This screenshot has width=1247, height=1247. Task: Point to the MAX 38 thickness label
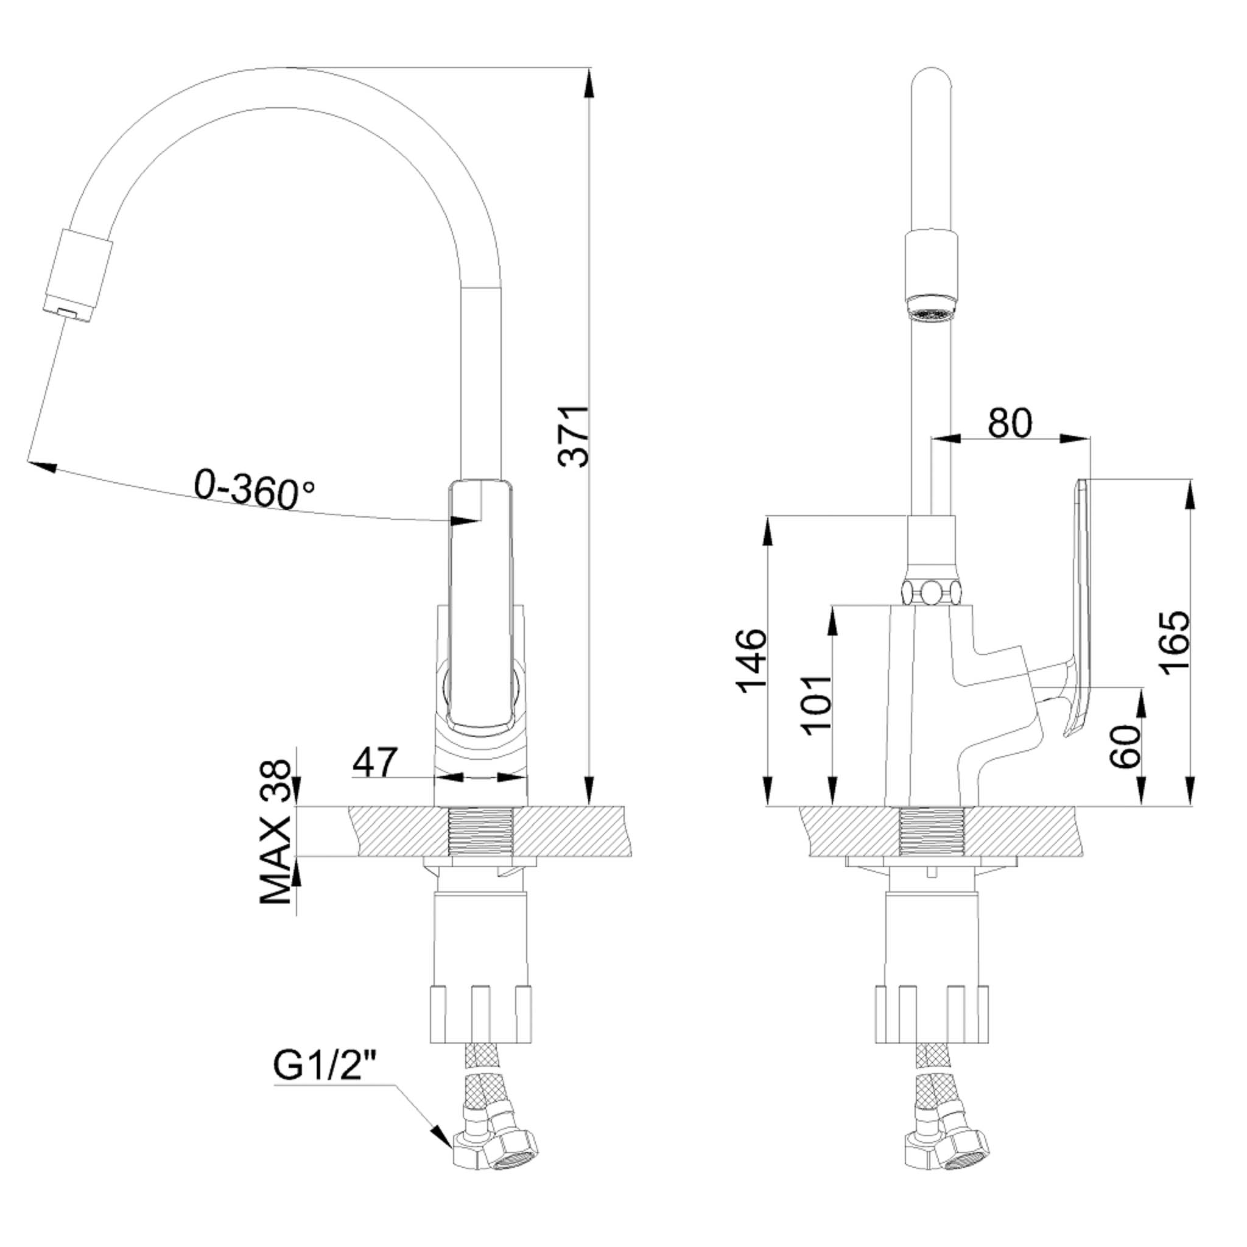pos(276,832)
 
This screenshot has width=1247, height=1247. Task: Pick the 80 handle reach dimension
pos(1010,423)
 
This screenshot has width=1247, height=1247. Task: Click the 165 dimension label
pos(1173,642)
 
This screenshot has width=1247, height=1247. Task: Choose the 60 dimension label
pos(1126,746)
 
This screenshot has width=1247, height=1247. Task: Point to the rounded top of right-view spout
pos(932,81)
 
